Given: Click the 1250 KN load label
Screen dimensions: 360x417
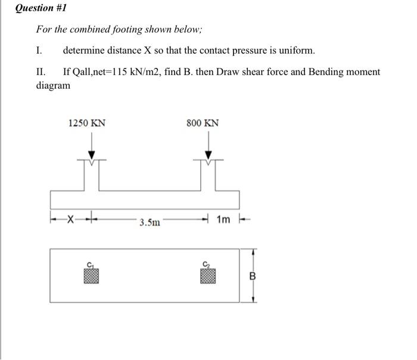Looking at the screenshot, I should pos(87,123).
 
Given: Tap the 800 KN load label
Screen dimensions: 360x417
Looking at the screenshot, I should pos(203,123).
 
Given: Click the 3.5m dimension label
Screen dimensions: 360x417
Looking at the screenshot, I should pos(150,223).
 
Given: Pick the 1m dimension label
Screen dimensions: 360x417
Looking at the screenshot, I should pos(223,220).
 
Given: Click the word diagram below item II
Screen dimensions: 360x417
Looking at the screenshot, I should pos(53,85).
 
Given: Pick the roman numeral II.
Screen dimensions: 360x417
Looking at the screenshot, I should pos(41,72).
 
